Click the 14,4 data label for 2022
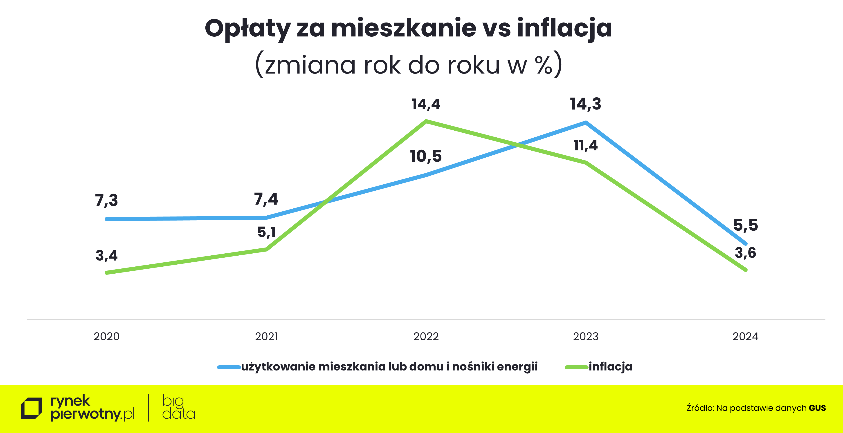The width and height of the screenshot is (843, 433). (x=426, y=104)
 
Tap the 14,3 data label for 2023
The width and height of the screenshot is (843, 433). (x=585, y=104)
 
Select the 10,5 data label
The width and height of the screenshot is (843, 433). (x=426, y=156)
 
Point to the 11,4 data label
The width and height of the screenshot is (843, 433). (x=585, y=145)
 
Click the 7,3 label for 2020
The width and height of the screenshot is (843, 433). (x=106, y=200)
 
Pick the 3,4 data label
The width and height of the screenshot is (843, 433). (x=106, y=255)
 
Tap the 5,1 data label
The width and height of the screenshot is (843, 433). (x=266, y=232)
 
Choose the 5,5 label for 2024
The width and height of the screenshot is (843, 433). (x=746, y=225)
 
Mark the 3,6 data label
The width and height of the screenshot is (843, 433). (x=746, y=253)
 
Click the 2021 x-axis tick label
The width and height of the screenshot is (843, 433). (x=266, y=337)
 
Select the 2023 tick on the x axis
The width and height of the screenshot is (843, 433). (x=585, y=337)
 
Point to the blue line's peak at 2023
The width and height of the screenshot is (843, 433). (x=585, y=123)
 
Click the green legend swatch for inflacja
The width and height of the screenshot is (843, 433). (x=576, y=367)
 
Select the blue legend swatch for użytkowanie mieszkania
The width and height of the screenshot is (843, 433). (x=229, y=367)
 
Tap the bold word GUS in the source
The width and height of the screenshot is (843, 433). (x=817, y=408)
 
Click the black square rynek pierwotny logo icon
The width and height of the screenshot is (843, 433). (x=31, y=408)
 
